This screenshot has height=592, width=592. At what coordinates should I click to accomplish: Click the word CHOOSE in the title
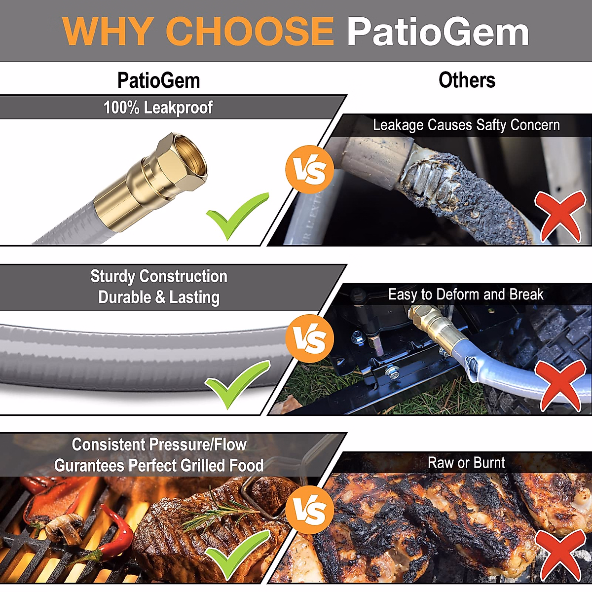coord(250,31)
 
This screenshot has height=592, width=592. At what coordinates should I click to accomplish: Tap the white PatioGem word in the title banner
coord(438,32)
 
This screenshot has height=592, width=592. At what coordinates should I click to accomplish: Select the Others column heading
coord(467,80)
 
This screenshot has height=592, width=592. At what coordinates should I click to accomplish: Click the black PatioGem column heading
coord(158,80)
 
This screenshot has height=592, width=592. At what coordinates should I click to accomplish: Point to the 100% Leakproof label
coord(158,108)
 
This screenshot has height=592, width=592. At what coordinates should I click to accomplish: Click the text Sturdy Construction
coord(159,276)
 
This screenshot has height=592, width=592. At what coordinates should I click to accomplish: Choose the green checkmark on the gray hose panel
coord(236,384)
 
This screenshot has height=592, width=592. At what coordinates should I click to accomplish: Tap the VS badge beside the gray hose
coord(310,339)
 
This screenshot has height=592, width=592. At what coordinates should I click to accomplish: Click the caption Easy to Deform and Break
coord(466,295)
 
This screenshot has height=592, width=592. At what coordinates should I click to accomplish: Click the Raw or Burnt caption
coord(466,463)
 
